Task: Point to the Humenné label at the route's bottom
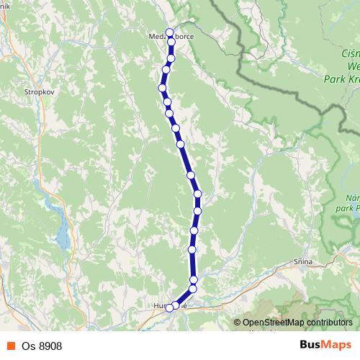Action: point(170,305)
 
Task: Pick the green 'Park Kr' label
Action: point(343,78)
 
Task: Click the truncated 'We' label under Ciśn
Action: point(352,66)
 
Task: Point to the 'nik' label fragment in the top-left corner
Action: point(4,4)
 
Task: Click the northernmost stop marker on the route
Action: point(170,32)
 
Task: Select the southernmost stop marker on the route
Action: point(170,308)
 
